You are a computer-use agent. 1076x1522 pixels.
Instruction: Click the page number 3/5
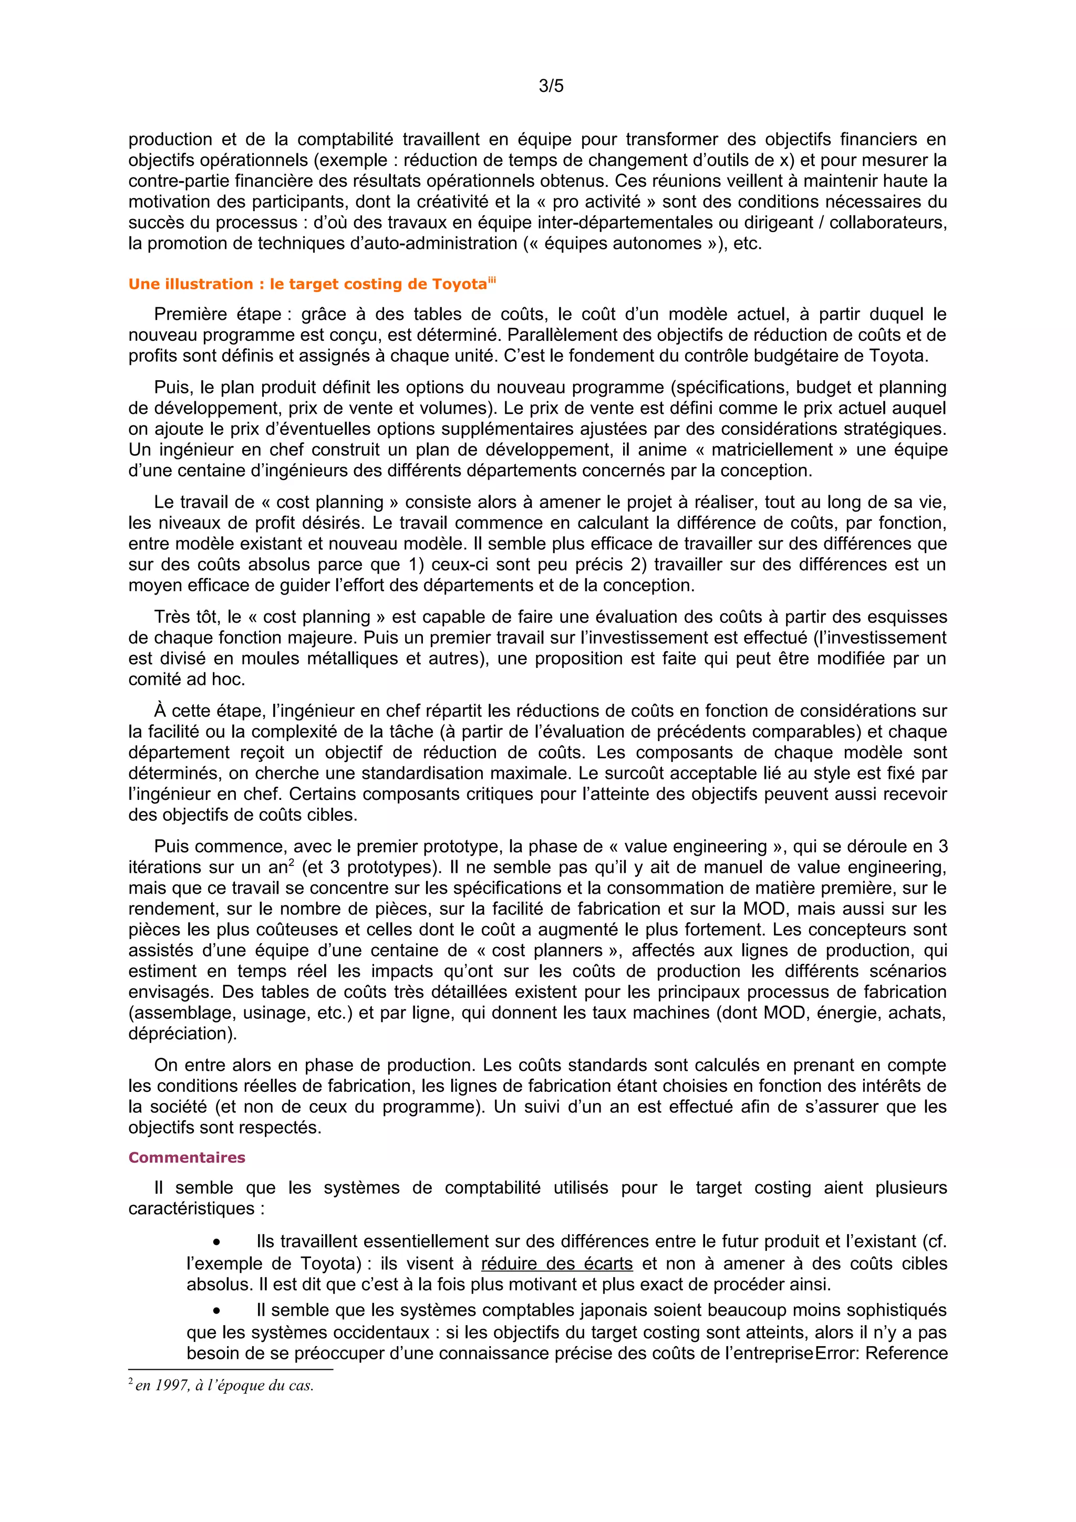pos(551,86)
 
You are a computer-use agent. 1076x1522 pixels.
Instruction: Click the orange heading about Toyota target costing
pos(308,284)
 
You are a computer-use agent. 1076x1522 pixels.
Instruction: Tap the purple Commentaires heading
pos(187,1158)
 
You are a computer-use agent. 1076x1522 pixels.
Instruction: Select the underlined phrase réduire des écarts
pos(556,1264)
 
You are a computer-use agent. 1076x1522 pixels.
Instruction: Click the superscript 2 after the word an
pos(291,862)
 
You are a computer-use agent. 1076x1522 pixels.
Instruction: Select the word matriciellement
pos(772,450)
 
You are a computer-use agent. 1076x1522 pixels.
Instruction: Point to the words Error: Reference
pos(881,1353)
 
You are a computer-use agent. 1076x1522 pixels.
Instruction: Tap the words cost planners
pos(549,951)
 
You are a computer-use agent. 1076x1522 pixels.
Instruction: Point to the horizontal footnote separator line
pos(230,1369)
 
